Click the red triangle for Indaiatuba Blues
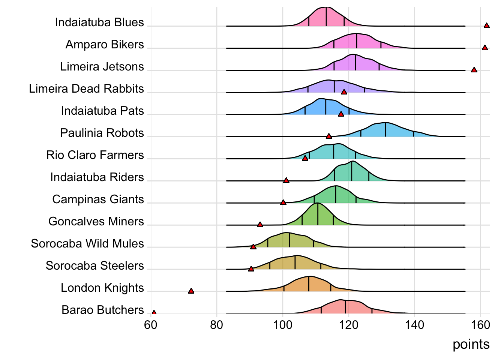click(x=486, y=26)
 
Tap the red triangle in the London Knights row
click(x=191, y=291)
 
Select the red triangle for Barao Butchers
click(x=154, y=312)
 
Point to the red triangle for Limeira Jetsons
click(x=474, y=70)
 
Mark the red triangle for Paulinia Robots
click(x=329, y=136)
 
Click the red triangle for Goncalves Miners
click(x=260, y=225)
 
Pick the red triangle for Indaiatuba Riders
click(x=286, y=180)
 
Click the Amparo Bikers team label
click(x=105, y=45)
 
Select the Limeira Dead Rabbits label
click(x=86, y=89)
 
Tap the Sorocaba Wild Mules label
click(x=87, y=244)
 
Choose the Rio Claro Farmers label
click(x=95, y=155)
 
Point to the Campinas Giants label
click(x=98, y=199)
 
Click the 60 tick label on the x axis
click(x=151, y=325)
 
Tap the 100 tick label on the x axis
click(x=283, y=325)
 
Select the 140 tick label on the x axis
click(x=414, y=325)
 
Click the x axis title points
click(x=471, y=344)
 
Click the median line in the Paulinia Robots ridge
click(x=385, y=130)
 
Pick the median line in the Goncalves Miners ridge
click(x=318, y=214)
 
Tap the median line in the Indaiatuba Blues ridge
click(x=326, y=17)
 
